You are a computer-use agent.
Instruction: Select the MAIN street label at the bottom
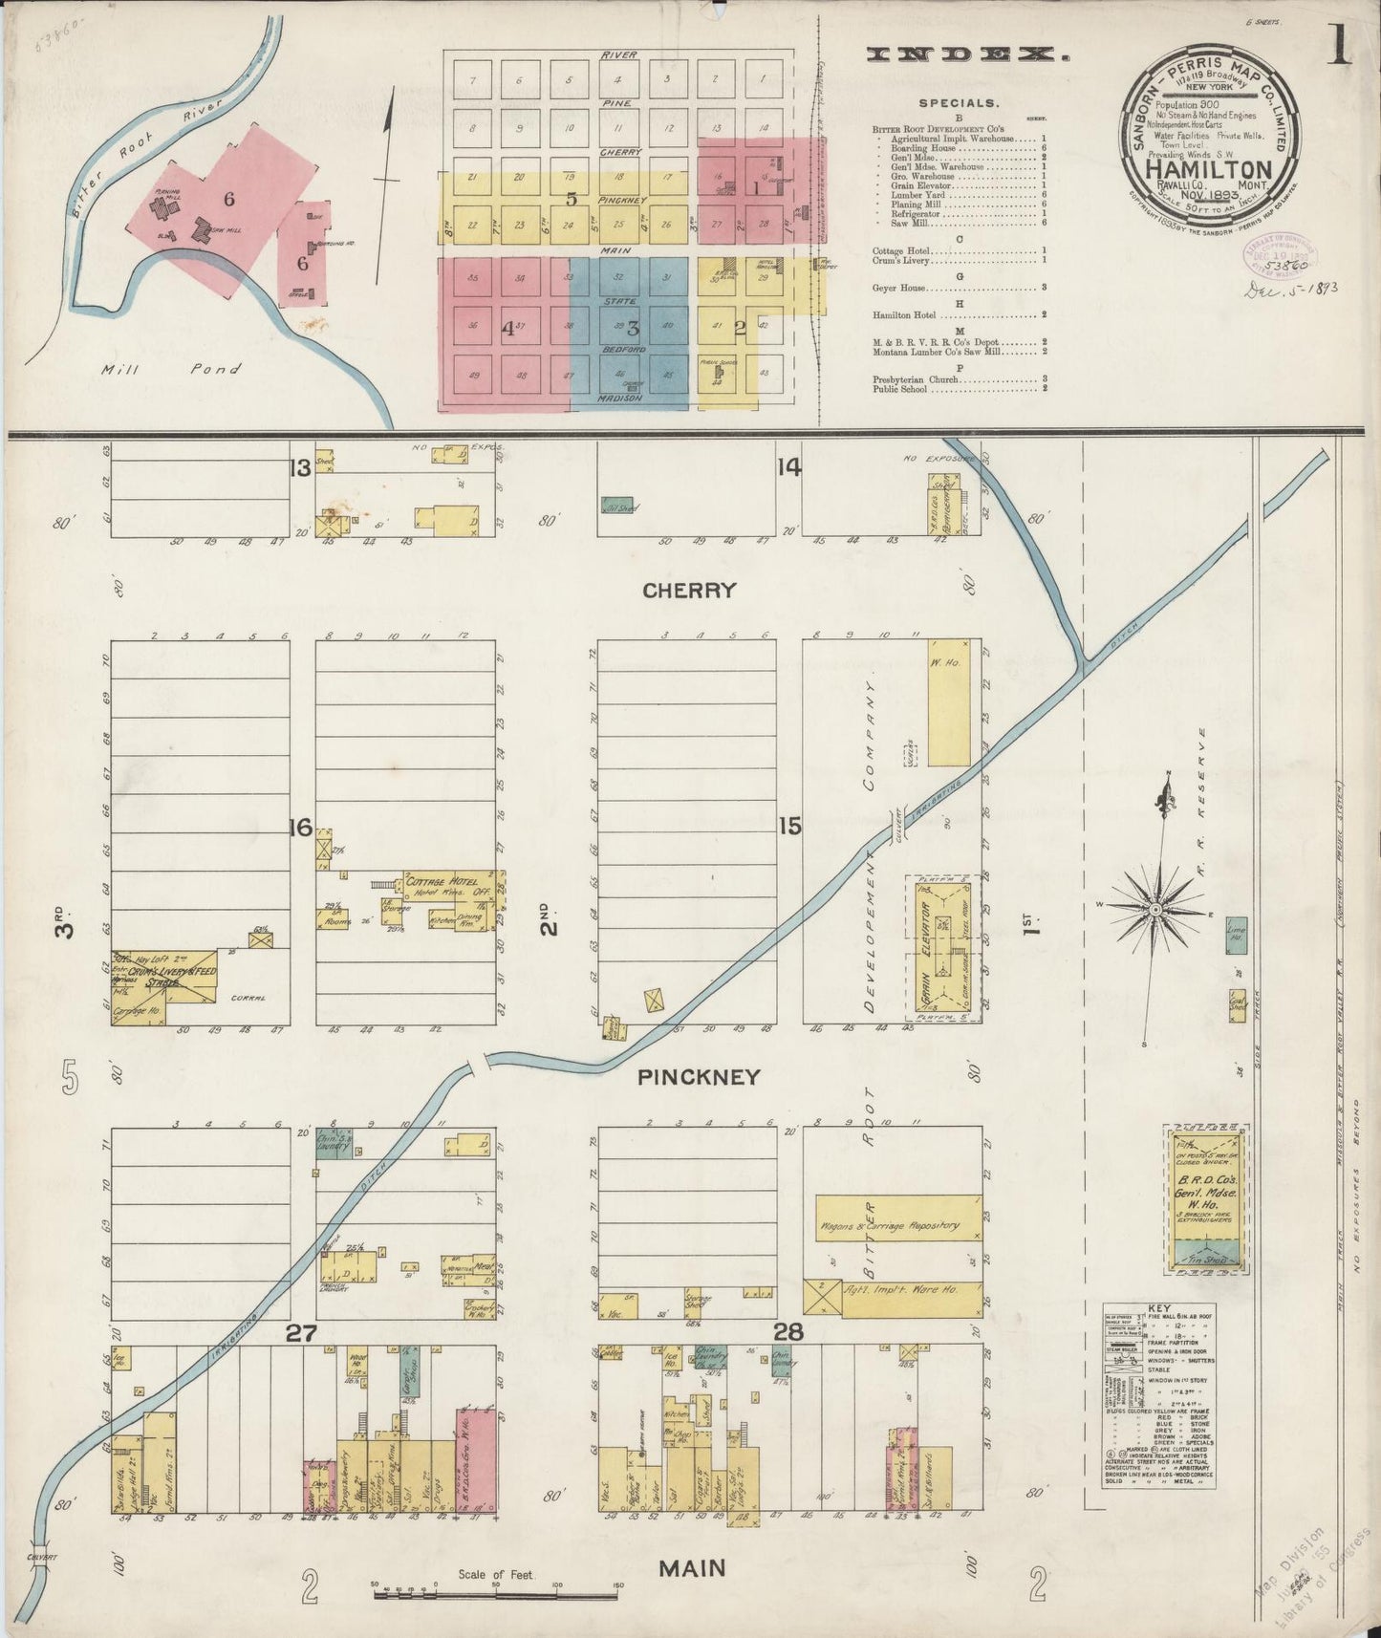click(x=691, y=1568)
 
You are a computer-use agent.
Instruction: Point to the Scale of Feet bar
click(x=495, y=1589)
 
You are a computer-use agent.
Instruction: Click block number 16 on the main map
click(x=301, y=827)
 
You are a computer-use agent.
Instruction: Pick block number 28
click(x=788, y=1332)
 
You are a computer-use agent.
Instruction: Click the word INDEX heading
click(x=966, y=55)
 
